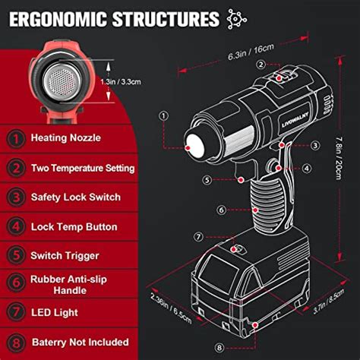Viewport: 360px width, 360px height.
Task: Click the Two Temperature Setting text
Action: tap(83, 168)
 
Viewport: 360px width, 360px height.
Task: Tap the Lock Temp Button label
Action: tap(74, 226)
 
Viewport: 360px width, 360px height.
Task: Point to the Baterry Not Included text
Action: tap(80, 342)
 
